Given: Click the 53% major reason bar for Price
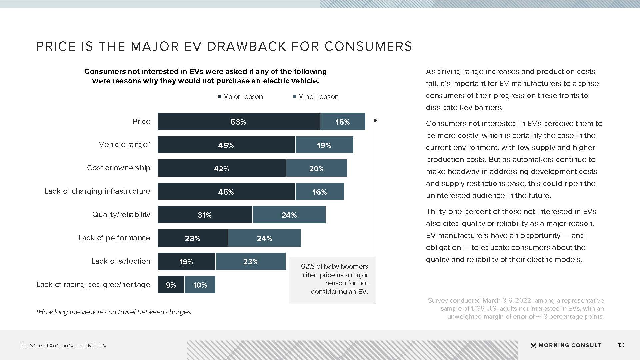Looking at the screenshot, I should click(238, 122).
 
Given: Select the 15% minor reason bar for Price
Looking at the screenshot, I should click(343, 122).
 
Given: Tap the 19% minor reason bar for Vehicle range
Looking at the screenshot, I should click(324, 145).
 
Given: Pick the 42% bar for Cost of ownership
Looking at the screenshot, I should click(221, 168).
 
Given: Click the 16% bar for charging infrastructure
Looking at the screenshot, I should click(319, 192).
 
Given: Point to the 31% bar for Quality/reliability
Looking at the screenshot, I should click(204, 215).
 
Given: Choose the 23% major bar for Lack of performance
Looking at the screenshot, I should click(192, 238).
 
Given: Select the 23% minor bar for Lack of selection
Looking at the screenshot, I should click(251, 262).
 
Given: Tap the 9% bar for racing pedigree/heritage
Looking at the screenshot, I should click(171, 285).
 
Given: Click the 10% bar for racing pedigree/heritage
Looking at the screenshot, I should click(200, 285).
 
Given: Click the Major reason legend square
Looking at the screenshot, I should click(220, 97).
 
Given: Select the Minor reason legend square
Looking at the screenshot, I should click(295, 97).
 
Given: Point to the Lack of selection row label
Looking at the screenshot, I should click(121, 261).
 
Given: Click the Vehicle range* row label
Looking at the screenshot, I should click(125, 144).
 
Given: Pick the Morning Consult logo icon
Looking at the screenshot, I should click(533, 345).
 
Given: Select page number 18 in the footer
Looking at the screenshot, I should click(620, 345).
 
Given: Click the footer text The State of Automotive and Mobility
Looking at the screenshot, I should click(63, 345).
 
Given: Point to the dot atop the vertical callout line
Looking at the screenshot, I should click(375, 120).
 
